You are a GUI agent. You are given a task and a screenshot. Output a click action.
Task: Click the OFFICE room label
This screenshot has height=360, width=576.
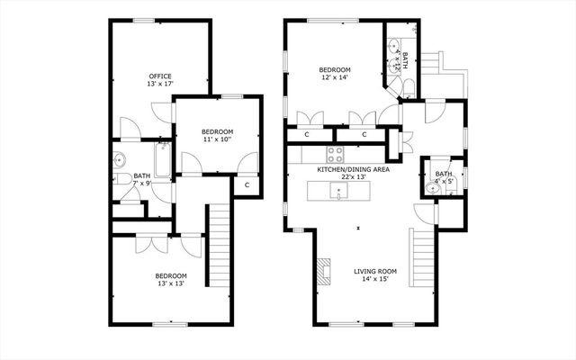tap(160, 76)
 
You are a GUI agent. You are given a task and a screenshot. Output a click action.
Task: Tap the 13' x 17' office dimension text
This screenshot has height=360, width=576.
tap(160, 85)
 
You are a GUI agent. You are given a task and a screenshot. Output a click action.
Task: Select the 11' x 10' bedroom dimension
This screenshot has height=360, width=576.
tap(217, 139)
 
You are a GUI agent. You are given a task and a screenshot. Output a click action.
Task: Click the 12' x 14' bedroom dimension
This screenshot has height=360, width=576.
tap(334, 78)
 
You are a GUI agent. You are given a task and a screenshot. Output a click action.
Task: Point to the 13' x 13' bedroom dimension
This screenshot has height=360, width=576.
tap(171, 284)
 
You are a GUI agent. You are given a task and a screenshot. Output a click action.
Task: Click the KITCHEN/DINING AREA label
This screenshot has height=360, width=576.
tap(353, 169)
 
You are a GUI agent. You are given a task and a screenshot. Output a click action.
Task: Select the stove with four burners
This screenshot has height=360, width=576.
tap(335, 152)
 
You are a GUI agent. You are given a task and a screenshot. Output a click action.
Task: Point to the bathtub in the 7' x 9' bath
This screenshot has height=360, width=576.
tap(163, 159)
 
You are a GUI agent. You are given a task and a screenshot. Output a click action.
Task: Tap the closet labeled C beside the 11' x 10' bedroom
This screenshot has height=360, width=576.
tap(247, 184)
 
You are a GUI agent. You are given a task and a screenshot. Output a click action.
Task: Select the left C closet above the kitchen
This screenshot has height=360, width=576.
tap(307, 135)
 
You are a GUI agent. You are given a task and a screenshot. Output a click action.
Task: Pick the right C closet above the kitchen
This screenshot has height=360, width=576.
tap(364, 135)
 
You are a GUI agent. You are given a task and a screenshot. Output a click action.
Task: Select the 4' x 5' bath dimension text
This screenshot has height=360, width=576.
tap(444, 182)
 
